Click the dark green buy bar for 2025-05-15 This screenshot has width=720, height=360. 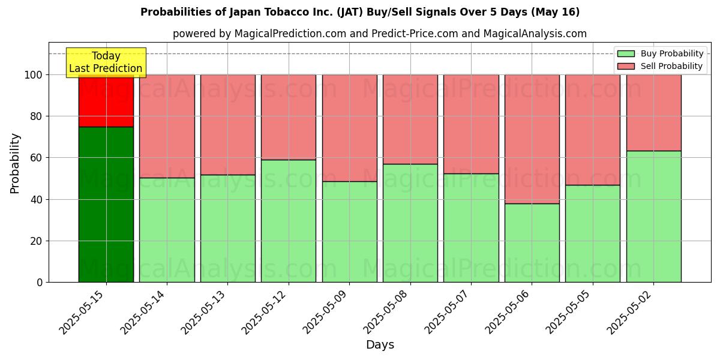[x=106, y=204]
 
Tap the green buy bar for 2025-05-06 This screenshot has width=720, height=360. [x=532, y=242]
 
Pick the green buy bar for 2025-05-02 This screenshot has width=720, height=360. [x=653, y=216]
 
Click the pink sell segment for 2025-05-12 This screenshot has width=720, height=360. [x=289, y=117]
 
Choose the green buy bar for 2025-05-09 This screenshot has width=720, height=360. [x=349, y=232]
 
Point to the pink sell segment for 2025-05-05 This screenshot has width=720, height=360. [x=593, y=130]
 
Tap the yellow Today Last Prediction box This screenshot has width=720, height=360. [x=106, y=62]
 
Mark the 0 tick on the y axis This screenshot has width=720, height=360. [x=40, y=283]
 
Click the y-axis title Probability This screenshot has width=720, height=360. [x=15, y=163]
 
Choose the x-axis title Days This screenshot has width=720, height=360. [x=380, y=345]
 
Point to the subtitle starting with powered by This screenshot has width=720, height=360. [x=380, y=34]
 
